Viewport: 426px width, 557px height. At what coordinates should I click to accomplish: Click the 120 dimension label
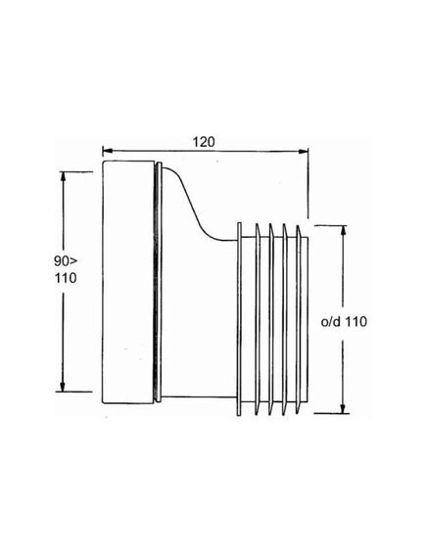click(x=204, y=142)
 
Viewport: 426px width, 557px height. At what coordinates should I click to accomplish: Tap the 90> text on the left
click(x=66, y=261)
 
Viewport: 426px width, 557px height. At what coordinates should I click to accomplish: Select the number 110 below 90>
click(x=66, y=278)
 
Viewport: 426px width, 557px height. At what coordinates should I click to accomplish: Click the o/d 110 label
click(x=344, y=322)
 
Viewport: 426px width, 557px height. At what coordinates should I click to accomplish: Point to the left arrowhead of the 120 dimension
click(x=108, y=151)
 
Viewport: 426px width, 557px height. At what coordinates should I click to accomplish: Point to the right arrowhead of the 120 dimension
click(x=303, y=152)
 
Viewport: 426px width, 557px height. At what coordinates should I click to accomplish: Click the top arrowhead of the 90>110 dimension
click(x=64, y=177)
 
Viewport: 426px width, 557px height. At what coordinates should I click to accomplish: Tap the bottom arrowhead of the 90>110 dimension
click(x=63, y=386)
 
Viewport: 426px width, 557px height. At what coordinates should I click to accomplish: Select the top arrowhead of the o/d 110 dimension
click(x=343, y=231)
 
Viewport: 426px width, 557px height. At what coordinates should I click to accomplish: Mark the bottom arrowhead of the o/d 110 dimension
click(x=343, y=408)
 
